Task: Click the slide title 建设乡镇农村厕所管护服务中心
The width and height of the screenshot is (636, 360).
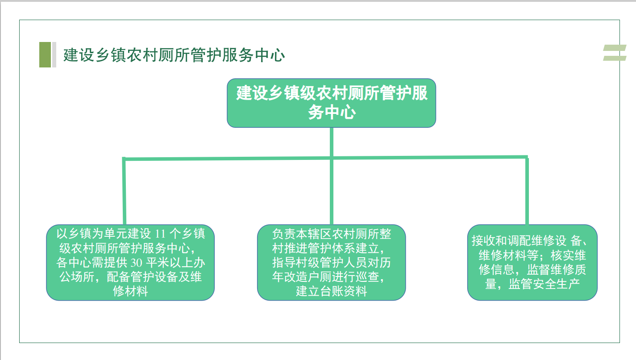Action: coord(174,55)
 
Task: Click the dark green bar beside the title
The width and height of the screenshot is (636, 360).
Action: coord(45,54)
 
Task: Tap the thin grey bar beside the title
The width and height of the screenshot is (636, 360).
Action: coord(54,54)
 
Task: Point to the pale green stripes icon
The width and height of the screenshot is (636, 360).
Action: coord(615,53)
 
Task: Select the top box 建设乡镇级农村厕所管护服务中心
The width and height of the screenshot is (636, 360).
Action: coord(331,103)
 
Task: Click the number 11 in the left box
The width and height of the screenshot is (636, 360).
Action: coord(160,234)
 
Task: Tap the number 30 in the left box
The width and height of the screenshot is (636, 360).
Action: coord(136,263)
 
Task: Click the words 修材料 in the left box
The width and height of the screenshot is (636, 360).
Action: coord(130,291)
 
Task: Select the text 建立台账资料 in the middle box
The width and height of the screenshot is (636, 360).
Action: coord(331,291)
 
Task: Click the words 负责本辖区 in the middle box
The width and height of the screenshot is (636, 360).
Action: coord(302,234)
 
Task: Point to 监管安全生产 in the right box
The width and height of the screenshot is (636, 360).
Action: coord(544,284)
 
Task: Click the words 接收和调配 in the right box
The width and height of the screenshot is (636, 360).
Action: coord(502,241)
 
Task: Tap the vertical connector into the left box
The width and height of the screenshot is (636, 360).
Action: coord(124,191)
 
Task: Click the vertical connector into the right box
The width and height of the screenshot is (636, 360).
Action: coord(527,190)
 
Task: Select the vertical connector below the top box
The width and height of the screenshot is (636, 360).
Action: coord(331,176)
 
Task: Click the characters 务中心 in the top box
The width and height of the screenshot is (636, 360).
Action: coord(332,112)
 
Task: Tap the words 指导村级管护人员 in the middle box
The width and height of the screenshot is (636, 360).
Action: coord(320,263)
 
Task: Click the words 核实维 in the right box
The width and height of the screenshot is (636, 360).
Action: coord(568,255)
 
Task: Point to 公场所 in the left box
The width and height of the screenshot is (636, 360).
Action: coord(77,277)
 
